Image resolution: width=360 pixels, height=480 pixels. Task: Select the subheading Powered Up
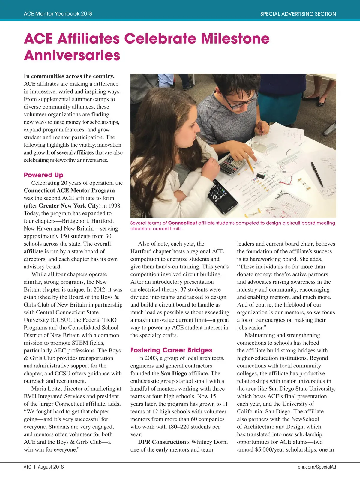tap(43, 175)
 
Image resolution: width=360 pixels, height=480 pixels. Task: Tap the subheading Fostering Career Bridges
tap(171, 350)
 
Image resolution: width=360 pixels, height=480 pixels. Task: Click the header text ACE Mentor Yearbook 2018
tap(58, 14)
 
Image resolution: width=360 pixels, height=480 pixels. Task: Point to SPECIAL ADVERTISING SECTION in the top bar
tap(298, 14)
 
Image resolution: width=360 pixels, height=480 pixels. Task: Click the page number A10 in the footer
tap(27, 467)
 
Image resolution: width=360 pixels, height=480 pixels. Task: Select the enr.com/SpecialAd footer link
tap(317, 467)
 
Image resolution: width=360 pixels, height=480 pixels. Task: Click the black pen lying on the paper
tap(317, 174)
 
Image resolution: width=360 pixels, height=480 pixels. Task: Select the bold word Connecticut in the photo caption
tap(182, 223)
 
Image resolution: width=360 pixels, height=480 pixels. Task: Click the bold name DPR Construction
tap(162, 442)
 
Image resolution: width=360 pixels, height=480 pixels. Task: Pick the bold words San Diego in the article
tap(174, 373)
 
